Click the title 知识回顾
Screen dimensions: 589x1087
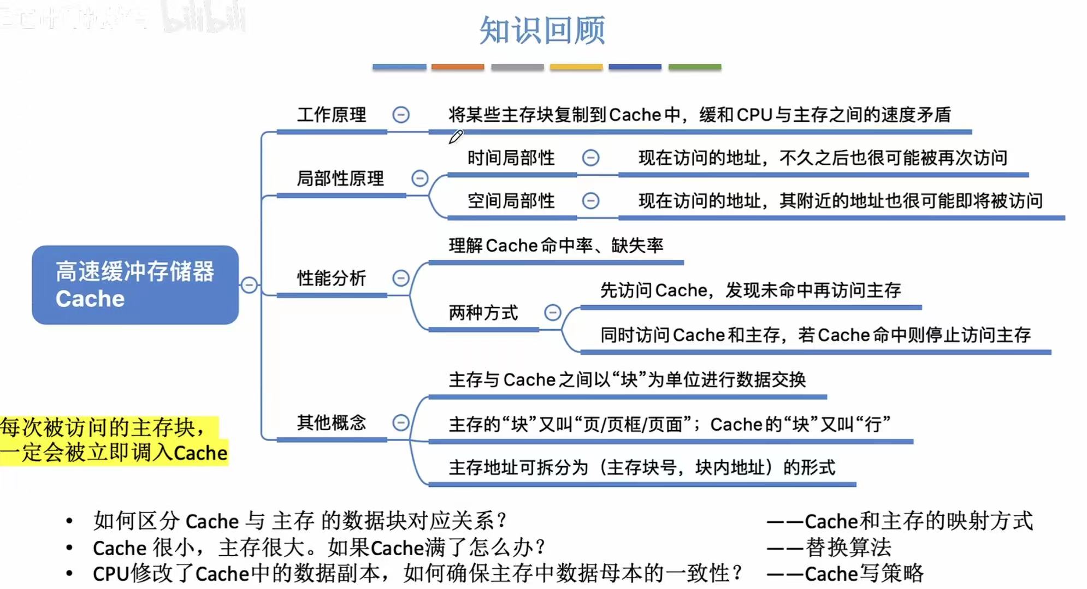(x=542, y=31)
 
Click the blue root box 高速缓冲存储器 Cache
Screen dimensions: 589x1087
(x=135, y=285)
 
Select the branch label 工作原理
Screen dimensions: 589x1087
(x=332, y=115)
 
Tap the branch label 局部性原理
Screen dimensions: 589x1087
(x=340, y=179)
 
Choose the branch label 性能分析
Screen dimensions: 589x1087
(x=332, y=278)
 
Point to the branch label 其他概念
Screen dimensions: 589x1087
(x=332, y=423)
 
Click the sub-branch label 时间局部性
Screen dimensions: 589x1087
(x=511, y=158)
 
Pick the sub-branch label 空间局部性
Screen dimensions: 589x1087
(x=511, y=201)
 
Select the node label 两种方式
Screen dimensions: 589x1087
(x=483, y=313)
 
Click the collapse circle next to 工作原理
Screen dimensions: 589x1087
(x=401, y=115)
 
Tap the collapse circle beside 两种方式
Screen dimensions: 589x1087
(x=553, y=313)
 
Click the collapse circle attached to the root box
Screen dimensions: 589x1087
(x=249, y=285)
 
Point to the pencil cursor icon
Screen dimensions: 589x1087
(x=456, y=136)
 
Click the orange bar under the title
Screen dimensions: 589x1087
(x=458, y=67)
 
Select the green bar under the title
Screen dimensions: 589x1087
(x=695, y=67)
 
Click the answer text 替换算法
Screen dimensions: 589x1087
(x=848, y=548)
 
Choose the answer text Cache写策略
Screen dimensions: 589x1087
(x=864, y=574)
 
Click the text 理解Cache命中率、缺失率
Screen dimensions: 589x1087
(x=556, y=246)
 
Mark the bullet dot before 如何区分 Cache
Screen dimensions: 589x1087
(x=69, y=521)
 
